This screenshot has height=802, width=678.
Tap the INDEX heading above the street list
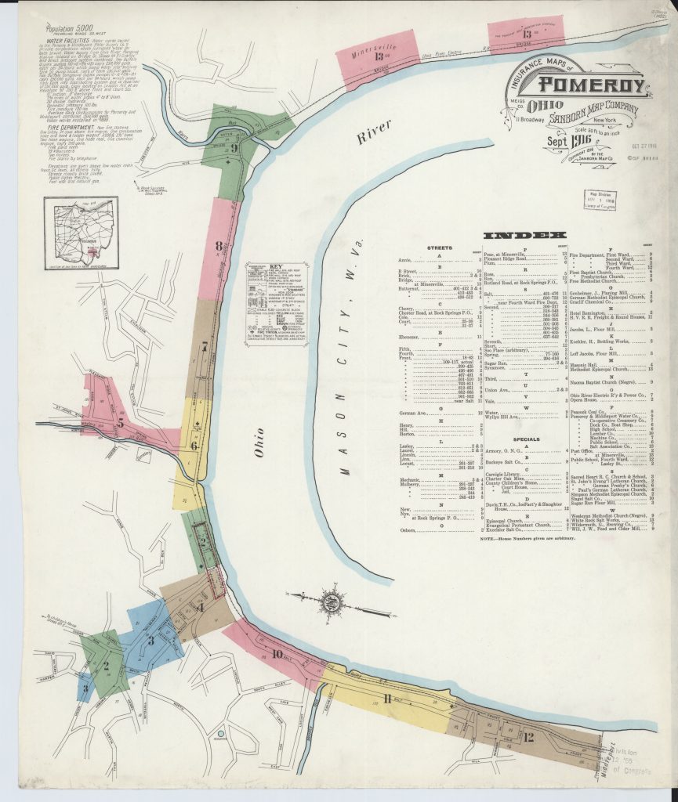pyautogui.click(x=524, y=235)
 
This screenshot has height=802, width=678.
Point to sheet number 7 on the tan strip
pyautogui.click(x=205, y=345)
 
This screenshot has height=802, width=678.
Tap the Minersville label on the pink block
pyautogui.click(x=371, y=49)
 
